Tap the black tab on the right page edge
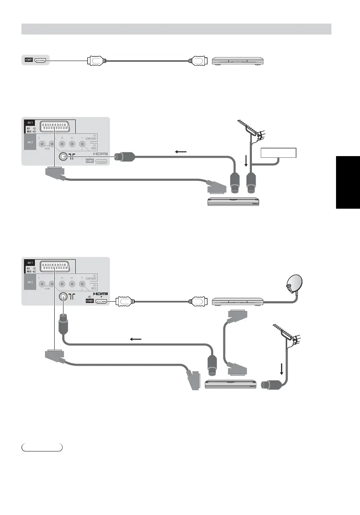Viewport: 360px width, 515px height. click(348, 182)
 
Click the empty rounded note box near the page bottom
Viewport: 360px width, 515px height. click(42, 447)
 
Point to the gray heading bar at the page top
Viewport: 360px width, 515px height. click(177, 29)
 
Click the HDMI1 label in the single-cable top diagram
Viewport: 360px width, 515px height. click(28, 60)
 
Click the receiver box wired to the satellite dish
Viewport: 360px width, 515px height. click(237, 301)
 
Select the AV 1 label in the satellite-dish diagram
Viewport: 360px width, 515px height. click(29, 262)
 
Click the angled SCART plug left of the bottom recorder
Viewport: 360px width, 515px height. click(193, 378)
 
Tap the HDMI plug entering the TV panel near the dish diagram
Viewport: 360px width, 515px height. click(125, 301)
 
